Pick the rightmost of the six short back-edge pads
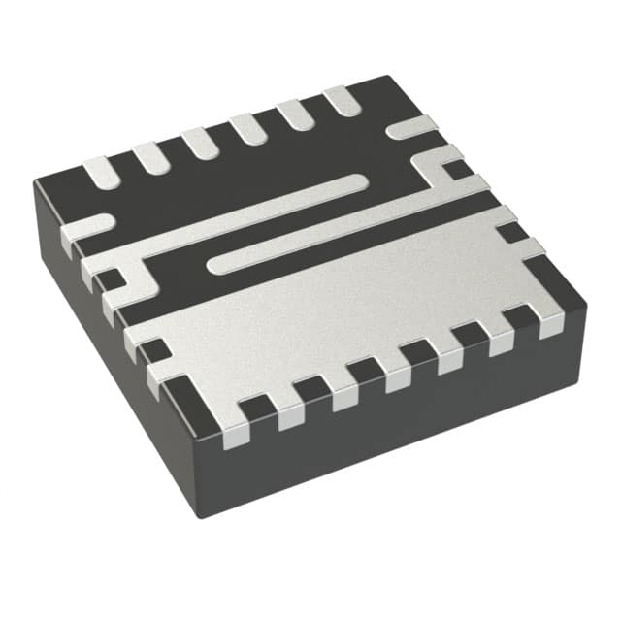coord(341,100)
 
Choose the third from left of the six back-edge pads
coord(201,144)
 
